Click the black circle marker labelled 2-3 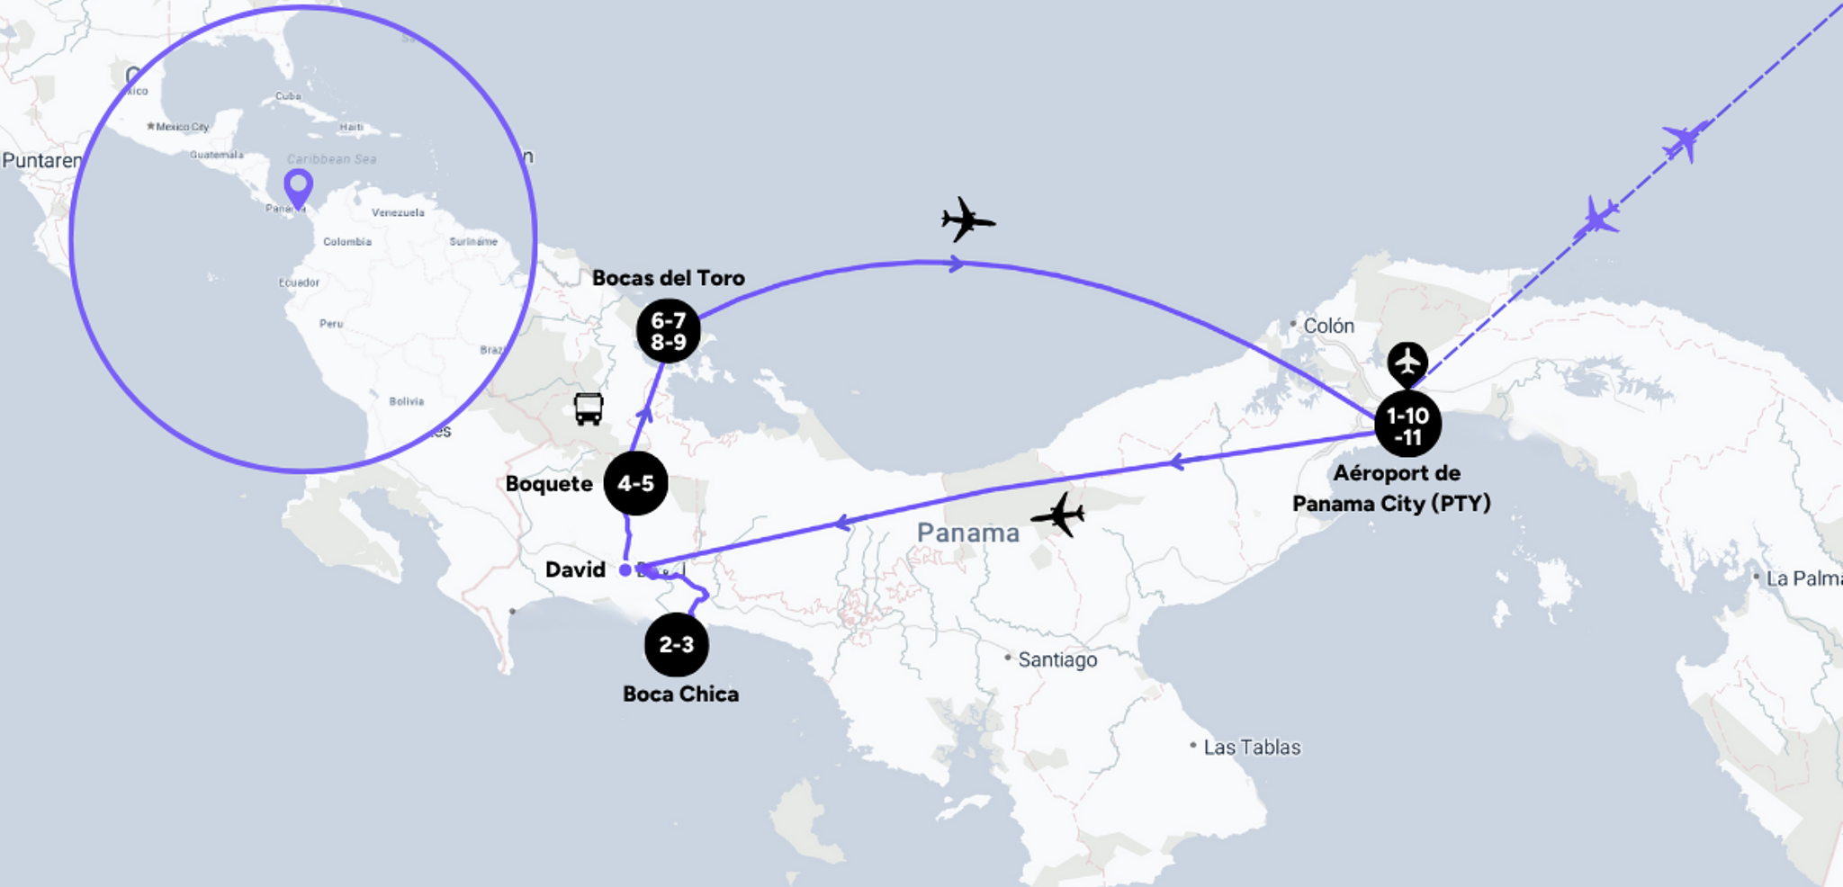pos(676,644)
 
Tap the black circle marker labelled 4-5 pos(635,483)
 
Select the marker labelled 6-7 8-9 pos(668,331)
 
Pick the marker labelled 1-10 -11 pos(1407,426)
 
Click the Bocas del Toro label pos(668,278)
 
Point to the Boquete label pos(549,484)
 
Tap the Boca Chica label pos(680,694)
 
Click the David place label pos(575,569)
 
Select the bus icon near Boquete pos(589,408)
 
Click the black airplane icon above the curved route pos(966,220)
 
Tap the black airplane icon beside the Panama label pos(1059,515)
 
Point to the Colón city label pos(1327,326)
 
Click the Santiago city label pos(1056,659)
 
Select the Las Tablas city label pos(1251,747)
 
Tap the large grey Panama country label pos(967,533)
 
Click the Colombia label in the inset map pos(347,241)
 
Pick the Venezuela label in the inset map pos(398,212)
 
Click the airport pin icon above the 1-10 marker pos(1407,363)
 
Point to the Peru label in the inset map pos(331,323)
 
